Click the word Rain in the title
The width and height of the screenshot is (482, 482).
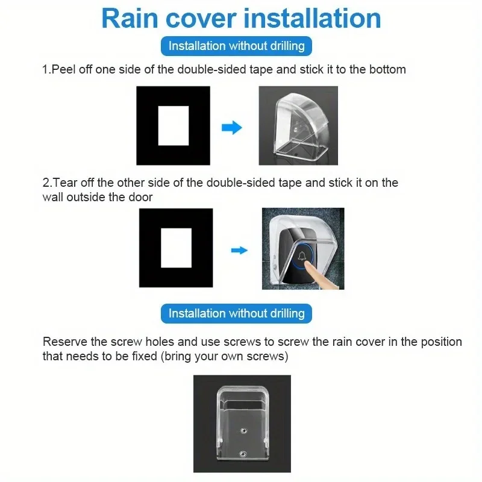click(x=130, y=19)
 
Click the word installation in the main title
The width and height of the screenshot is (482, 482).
click(x=312, y=19)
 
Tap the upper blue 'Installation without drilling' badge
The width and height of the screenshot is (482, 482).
click(x=236, y=46)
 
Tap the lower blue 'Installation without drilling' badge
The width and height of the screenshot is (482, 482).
click(x=236, y=313)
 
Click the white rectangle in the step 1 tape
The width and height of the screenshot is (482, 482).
click(x=174, y=126)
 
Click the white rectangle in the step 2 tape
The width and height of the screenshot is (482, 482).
click(x=176, y=248)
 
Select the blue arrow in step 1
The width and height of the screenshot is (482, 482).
click(x=232, y=128)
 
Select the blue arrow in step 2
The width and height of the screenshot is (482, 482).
click(x=239, y=250)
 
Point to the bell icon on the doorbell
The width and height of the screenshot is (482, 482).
click(x=302, y=255)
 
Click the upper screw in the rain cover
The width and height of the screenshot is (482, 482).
click(x=244, y=431)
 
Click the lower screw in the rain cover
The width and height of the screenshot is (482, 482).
click(x=243, y=454)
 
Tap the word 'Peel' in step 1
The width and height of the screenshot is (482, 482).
click(x=63, y=69)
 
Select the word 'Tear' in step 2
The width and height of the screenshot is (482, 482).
click(x=65, y=183)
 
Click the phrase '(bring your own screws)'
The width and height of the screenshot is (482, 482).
click(x=224, y=357)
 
